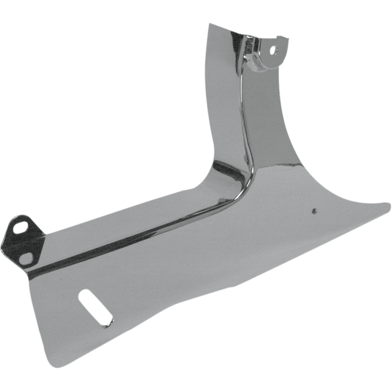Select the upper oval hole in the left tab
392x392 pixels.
pyautogui.click(x=21, y=228)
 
